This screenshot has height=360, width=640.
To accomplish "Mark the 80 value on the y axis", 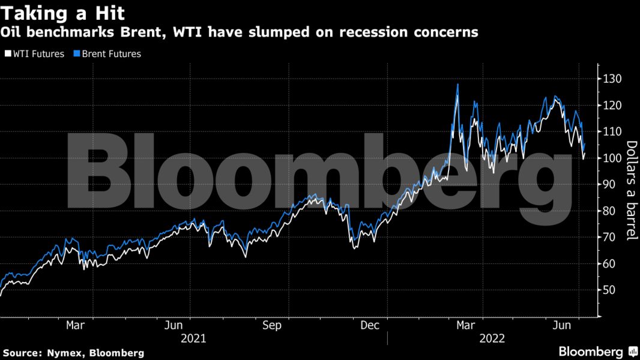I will [x=610, y=211].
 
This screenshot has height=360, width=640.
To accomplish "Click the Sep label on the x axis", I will [x=272, y=325].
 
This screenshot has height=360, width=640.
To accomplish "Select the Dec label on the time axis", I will [x=370, y=325].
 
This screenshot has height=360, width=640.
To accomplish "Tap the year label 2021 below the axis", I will [x=193, y=338].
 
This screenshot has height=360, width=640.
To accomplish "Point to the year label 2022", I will [x=492, y=338].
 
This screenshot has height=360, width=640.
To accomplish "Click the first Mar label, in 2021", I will [x=74, y=325].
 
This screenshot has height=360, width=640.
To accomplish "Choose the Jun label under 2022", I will [x=561, y=325].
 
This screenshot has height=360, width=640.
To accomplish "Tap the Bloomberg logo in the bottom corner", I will [x=598, y=352].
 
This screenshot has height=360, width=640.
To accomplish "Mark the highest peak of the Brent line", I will [x=458, y=85].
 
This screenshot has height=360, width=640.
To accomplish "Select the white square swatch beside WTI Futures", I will [x=7, y=54].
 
